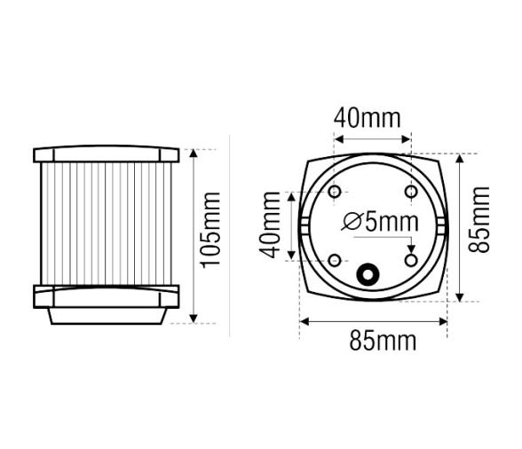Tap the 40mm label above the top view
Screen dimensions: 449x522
pyautogui.click(x=367, y=117)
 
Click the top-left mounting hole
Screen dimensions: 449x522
pyautogui.click(x=335, y=192)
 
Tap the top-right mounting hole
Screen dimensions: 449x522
pyautogui.click(x=411, y=192)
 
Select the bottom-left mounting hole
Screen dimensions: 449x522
pyautogui.click(x=335, y=260)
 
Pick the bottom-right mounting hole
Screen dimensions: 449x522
pyautogui.click(x=411, y=259)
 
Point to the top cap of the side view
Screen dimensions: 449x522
pyautogui.click(x=107, y=155)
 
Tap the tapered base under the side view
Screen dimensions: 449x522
pyautogui.click(x=107, y=316)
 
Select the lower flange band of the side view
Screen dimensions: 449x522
pyautogui.click(x=107, y=295)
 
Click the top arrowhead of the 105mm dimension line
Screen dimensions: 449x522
pyautogui.click(x=193, y=153)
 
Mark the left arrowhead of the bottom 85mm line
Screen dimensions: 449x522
pyautogui.click(x=303, y=320)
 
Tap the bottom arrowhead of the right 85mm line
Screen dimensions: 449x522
pyautogui.click(x=460, y=298)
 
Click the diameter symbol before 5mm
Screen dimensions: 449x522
pyautogui.click(x=350, y=222)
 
